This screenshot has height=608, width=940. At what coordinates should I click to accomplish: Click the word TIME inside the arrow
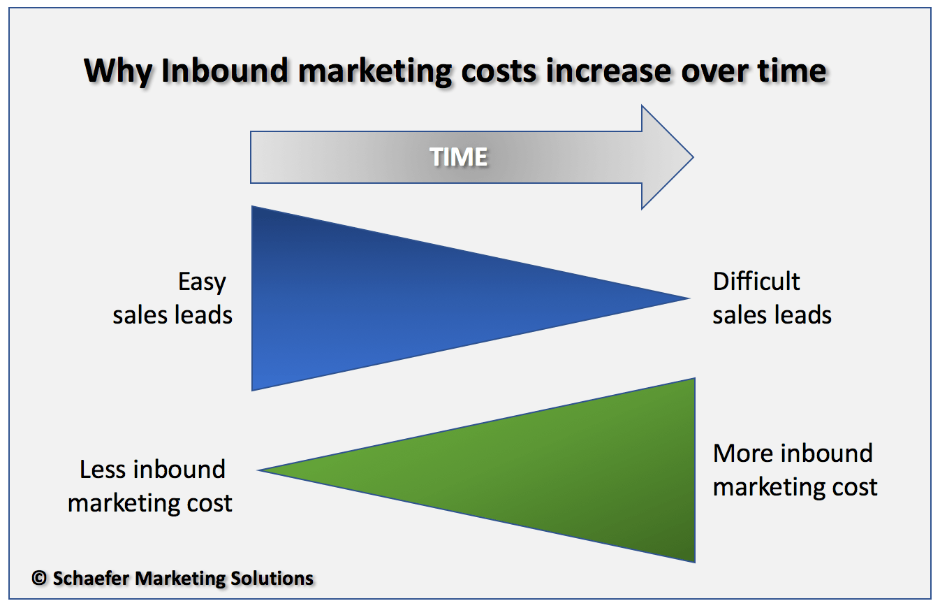tap(458, 157)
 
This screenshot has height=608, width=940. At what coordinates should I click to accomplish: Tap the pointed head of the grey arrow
tap(667, 157)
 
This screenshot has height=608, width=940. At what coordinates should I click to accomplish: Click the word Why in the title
tap(118, 71)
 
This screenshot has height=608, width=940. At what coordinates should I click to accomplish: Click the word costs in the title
tap(499, 71)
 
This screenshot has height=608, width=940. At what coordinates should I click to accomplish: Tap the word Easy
tap(202, 282)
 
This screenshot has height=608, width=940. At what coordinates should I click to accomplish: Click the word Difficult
tap(756, 282)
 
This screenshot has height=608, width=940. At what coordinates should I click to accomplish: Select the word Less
tap(103, 469)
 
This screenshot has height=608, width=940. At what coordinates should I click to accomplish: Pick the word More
tap(743, 454)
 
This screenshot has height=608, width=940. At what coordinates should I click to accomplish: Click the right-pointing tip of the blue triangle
tap(689, 298)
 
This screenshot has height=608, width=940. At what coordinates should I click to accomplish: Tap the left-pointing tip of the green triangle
tap(258, 470)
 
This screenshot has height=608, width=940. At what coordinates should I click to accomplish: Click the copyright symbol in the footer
tap(39, 578)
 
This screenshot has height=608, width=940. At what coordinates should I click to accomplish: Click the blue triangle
tap(399, 298)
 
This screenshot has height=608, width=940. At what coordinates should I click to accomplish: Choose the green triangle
tap(545, 470)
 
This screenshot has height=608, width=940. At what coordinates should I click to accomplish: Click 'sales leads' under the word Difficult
tap(772, 315)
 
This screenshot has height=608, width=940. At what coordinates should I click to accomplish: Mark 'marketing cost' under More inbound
tap(795, 488)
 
